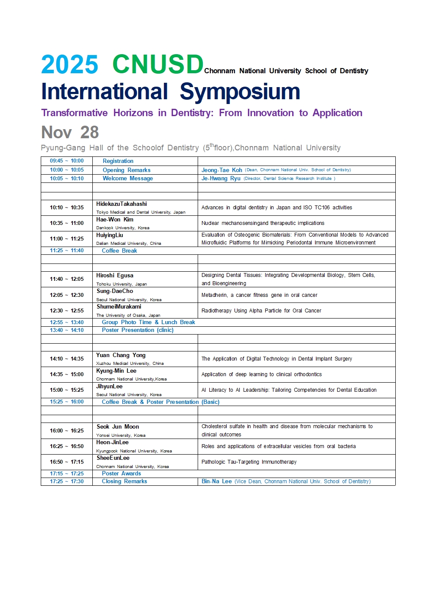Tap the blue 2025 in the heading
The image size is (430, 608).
pos(69,65)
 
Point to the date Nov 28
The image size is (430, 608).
pos(70,132)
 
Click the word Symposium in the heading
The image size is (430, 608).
pos(240,91)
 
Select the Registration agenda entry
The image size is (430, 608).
pos(118,161)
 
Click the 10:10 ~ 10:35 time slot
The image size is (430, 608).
pos(67,208)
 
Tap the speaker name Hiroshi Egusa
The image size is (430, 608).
pos(115,276)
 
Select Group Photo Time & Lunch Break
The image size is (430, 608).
pos(148,322)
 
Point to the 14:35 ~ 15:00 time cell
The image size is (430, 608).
pos(67,374)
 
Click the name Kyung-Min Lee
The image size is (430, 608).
pos(116,371)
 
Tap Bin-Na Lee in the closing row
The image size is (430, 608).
pos(216,481)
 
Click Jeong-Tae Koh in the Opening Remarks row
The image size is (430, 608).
pos(222,170)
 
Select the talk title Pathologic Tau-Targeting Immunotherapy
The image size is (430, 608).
pos(249,462)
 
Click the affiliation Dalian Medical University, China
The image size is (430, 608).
pos(129,244)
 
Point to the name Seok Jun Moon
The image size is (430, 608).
pos(118,427)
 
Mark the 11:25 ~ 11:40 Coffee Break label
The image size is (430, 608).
pos(119,251)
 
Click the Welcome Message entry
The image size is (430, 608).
pos(127,179)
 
